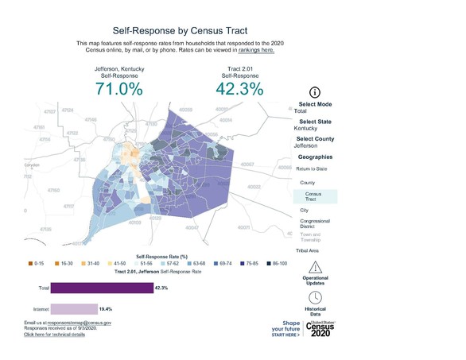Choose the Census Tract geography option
coord(315,196)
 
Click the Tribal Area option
coord(307,250)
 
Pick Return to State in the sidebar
coord(312,169)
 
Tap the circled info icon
coord(314,92)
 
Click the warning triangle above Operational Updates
coord(315,267)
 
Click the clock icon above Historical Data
coord(315,296)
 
